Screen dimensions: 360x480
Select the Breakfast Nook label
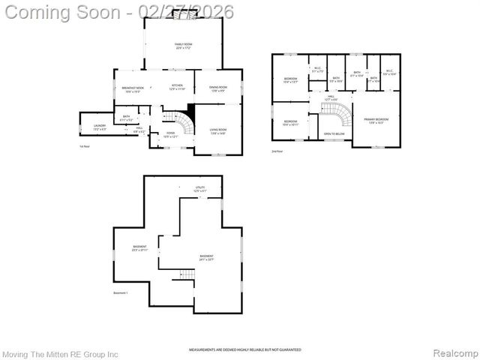133,88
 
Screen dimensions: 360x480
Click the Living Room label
217,131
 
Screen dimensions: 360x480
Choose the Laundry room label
99,127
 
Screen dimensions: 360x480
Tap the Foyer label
170,135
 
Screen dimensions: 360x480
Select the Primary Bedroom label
376,120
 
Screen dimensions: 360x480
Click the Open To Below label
334,134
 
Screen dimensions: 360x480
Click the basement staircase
186,275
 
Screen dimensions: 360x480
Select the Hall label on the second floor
331,97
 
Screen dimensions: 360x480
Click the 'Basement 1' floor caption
121,292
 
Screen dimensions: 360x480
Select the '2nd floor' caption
277,151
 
